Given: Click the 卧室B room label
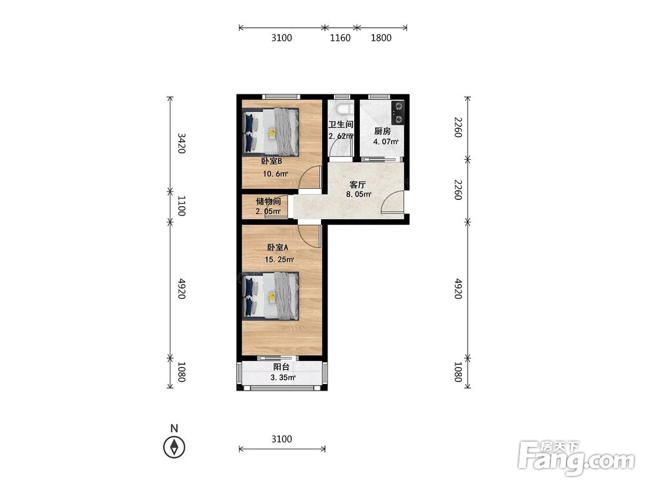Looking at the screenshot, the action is (x=271, y=161).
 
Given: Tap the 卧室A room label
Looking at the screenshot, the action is (x=278, y=248).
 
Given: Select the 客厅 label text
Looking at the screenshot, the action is (x=357, y=184).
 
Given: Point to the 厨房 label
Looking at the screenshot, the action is (x=382, y=131).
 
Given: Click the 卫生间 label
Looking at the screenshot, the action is (x=340, y=124).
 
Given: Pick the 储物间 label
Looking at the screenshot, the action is (x=269, y=201).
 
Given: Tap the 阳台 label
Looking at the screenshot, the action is (x=282, y=367).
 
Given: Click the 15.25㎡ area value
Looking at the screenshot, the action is (x=279, y=259).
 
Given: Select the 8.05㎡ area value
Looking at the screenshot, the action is (x=359, y=194).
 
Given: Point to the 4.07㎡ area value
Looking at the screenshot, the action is (x=386, y=142).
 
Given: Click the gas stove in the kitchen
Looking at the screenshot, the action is (x=398, y=113).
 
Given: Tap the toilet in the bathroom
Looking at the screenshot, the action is (x=343, y=109).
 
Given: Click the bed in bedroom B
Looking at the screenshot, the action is (x=271, y=133).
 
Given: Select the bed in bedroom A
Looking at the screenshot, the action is (x=271, y=296).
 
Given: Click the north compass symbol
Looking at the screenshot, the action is (x=174, y=447).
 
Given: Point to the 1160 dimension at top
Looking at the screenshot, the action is (x=340, y=38).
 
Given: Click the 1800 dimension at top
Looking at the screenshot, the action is (x=381, y=38).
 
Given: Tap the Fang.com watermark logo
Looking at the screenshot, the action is (x=576, y=458).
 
